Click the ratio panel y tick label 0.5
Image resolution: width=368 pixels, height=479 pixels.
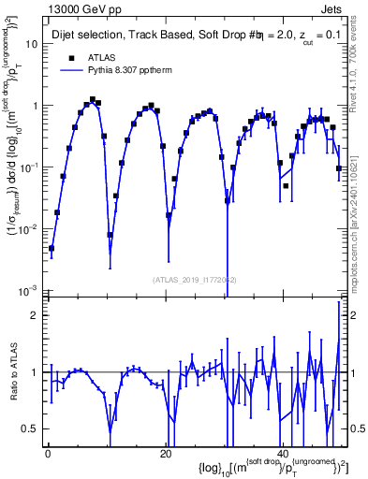pos(31,428)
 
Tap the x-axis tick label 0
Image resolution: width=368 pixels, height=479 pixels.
pos(48,452)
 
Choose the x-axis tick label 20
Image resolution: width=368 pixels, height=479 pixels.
pos(165,452)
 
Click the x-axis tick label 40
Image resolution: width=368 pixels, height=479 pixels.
pos(282,452)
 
